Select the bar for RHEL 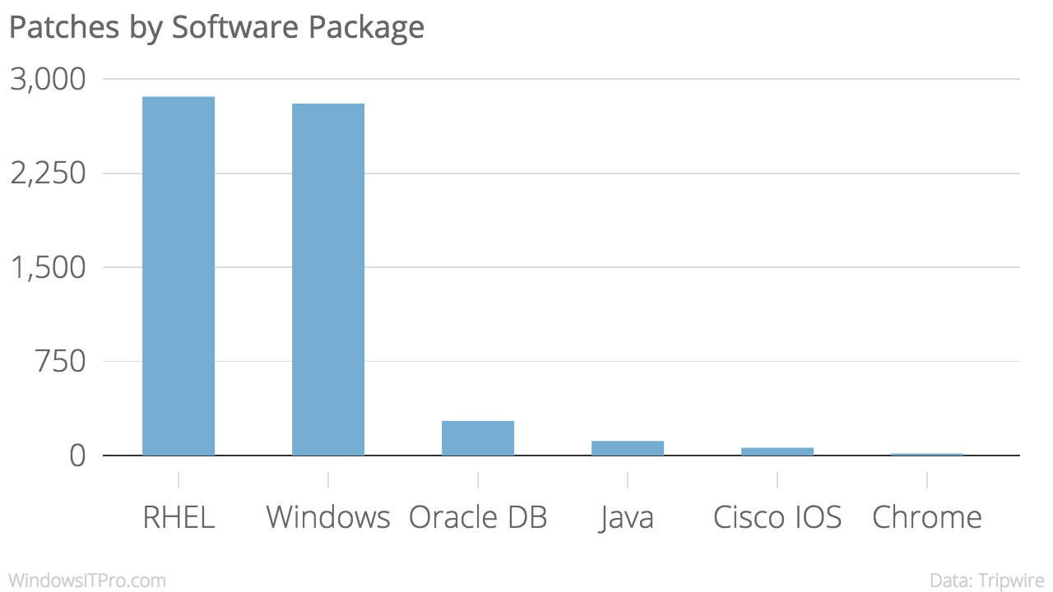(x=179, y=276)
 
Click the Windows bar (x=328, y=280)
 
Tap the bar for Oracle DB (x=478, y=438)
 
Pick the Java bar (x=628, y=448)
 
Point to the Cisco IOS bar (x=777, y=451)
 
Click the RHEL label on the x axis (x=179, y=517)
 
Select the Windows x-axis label (x=328, y=517)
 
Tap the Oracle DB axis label (x=478, y=517)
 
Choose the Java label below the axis (x=628, y=517)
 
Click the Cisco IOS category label (x=777, y=517)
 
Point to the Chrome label (x=927, y=517)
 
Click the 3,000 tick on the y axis (x=48, y=80)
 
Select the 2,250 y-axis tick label (x=48, y=173)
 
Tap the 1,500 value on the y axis (x=48, y=268)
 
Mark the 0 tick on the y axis (x=77, y=456)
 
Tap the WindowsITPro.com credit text (x=87, y=580)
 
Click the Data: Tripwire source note (x=987, y=580)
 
